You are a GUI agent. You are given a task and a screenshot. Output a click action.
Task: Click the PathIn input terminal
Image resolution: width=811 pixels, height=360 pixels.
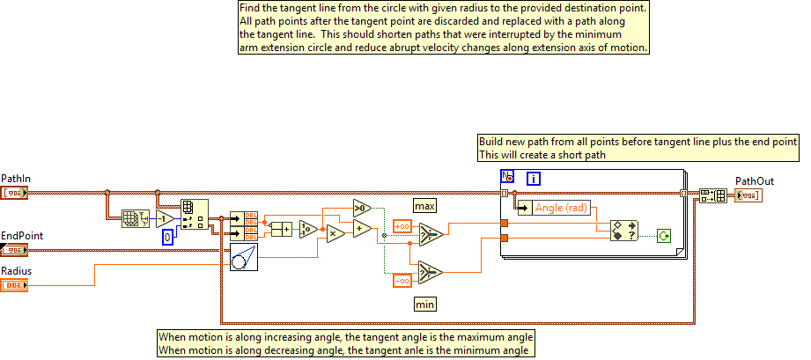tap(15, 192)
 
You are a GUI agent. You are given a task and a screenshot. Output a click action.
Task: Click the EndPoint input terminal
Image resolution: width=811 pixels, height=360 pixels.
tap(15, 249)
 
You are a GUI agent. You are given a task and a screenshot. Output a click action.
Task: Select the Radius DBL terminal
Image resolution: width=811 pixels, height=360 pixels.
tap(15, 285)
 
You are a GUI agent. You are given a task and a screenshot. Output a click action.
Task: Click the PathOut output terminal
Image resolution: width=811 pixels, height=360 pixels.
tap(748, 195)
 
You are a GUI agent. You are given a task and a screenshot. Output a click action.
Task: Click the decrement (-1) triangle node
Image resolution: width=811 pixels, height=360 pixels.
tap(165, 219)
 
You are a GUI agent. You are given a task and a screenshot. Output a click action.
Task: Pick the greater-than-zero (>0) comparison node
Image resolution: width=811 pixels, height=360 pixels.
tap(362, 209)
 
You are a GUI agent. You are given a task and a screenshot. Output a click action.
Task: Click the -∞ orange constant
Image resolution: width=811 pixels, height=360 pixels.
tap(401, 280)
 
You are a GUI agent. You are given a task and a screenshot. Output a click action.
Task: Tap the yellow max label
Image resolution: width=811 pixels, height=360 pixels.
tap(426, 206)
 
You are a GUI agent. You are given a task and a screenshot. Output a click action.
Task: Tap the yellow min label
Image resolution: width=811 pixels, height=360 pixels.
tap(426, 304)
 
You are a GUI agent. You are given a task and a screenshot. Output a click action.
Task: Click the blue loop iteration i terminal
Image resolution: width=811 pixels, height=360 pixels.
tap(534, 179)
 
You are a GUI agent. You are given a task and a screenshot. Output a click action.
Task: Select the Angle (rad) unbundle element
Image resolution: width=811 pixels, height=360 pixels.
tap(557, 208)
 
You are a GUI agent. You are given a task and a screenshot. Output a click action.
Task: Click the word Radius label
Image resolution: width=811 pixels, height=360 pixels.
tap(18, 271)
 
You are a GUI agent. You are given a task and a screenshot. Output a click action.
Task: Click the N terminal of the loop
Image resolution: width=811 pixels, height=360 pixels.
tap(507, 176)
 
